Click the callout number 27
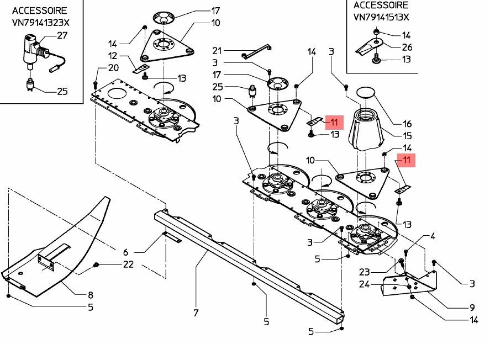point(62,35)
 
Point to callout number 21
point(217,50)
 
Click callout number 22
point(128,264)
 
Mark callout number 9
point(472,307)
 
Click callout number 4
point(433,236)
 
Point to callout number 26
point(407,47)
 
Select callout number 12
point(113,55)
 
